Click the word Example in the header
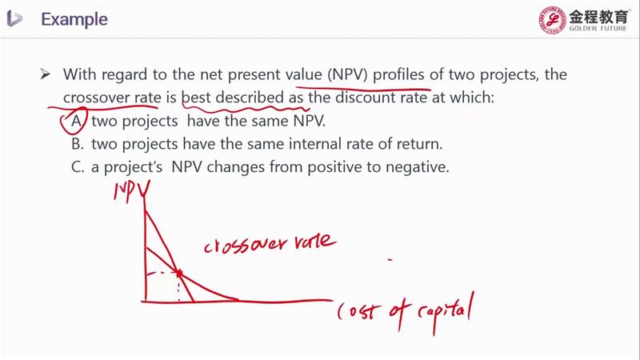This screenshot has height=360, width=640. (x=74, y=19)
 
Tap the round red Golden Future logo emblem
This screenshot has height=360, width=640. (x=552, y=19)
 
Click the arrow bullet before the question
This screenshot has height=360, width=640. (x=46, y=74)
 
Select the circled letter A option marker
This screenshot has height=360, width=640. (x=76, y=121)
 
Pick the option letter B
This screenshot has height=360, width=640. (x=77, y=144)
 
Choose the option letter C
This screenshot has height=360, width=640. (x=77, y=167)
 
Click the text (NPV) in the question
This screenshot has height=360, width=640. (x=348, y=74)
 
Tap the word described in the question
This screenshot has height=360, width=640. (x=250, y=98)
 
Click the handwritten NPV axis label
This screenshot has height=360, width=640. (x=131, y=191)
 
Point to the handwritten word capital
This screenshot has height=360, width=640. (x=446, y=312)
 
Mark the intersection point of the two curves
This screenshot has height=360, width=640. (x=178, y=273)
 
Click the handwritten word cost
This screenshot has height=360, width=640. (x=356, y=312)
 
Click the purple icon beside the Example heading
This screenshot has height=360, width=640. (x=14, y=18)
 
